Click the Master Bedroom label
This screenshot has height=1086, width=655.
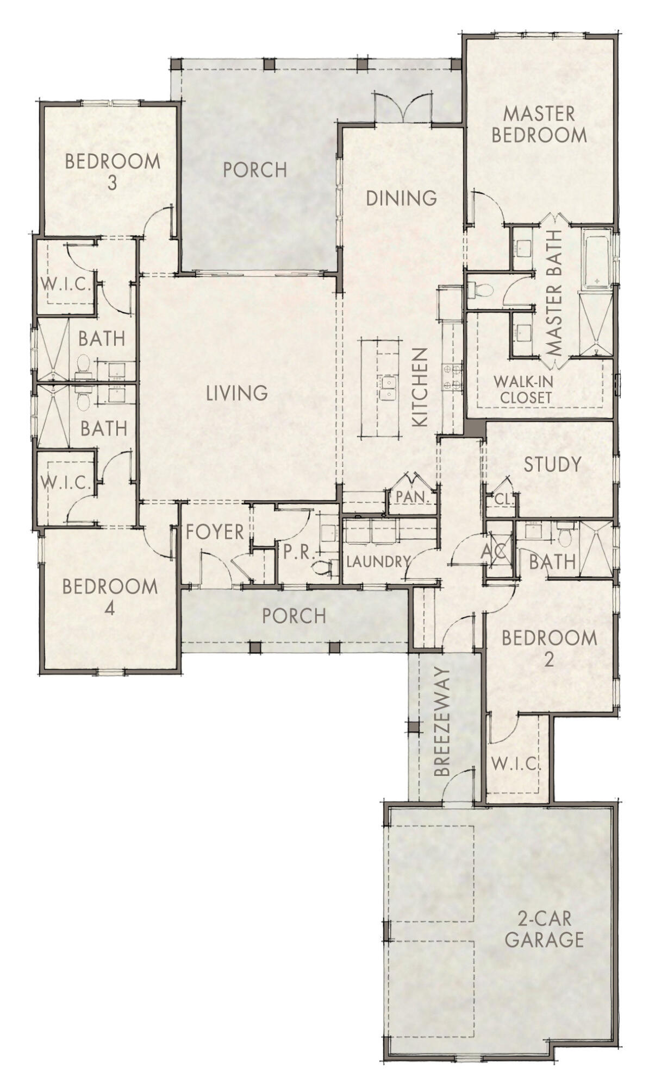pos(539,124)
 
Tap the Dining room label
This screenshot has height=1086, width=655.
pos(401,198)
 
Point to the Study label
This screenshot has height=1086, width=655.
pos(552,464)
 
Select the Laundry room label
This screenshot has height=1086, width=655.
pos(377,562)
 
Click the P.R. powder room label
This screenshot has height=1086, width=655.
pos(299,553)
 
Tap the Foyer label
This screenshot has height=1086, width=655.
pos(215,532)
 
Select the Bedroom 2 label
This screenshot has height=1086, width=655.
pos(549,647)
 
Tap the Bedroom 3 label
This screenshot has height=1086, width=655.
pos(113,172)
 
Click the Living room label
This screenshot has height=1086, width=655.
pos(236,393)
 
